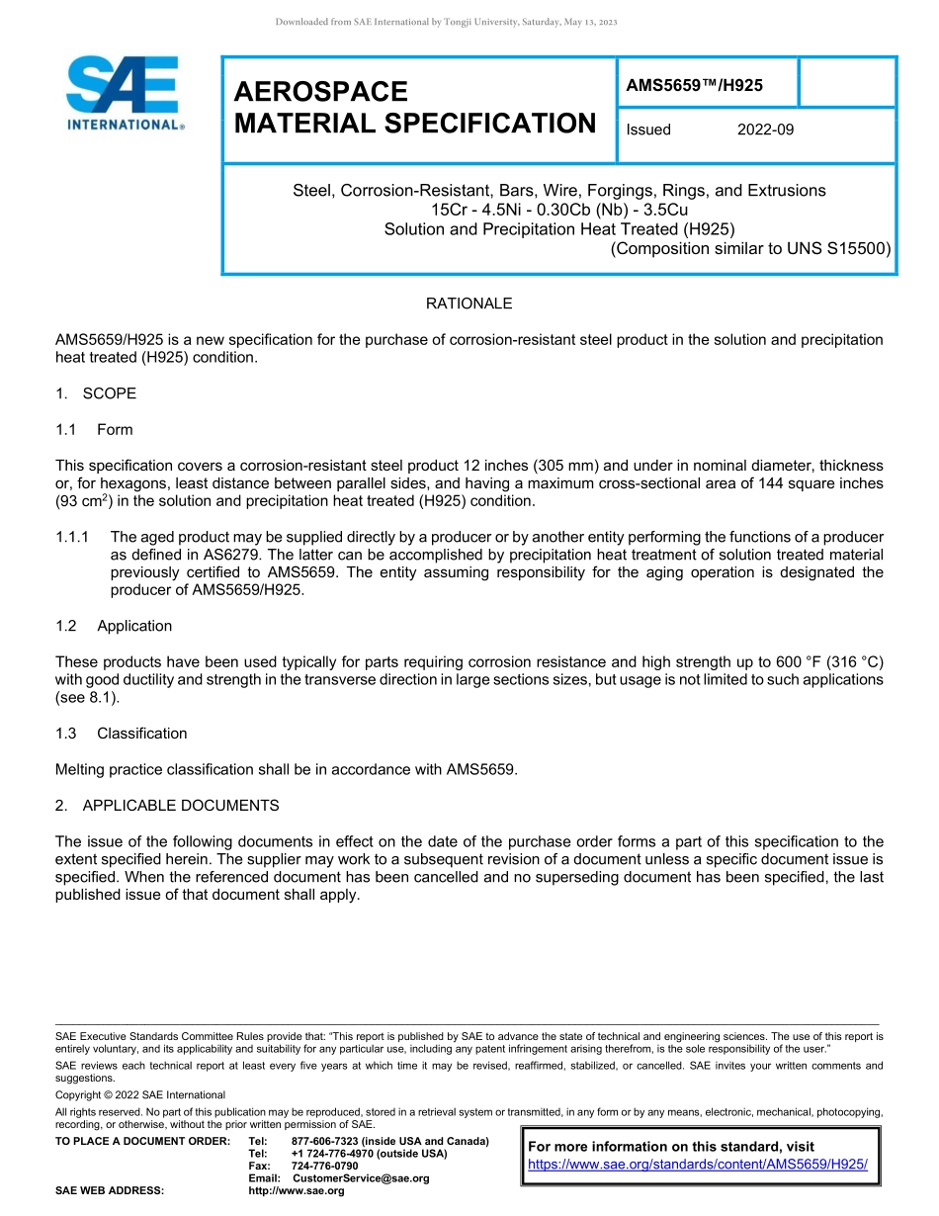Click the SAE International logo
click(125, 95)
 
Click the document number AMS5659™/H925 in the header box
click(694, 85)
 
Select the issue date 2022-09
click(765, 130)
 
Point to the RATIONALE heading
click(469, 304)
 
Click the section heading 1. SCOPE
click(96, 393)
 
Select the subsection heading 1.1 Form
click(94, 430)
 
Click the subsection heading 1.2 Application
click(114, 626)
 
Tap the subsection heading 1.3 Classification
click(122, 734)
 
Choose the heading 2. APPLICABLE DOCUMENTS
click(167, 806)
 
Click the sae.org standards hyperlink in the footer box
click(697, 1165)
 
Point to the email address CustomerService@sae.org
click(360, 1178)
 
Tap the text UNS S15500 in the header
click(837, 248)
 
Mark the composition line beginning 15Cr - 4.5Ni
click(558, 210)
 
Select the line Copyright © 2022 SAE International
click(140, 1094)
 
